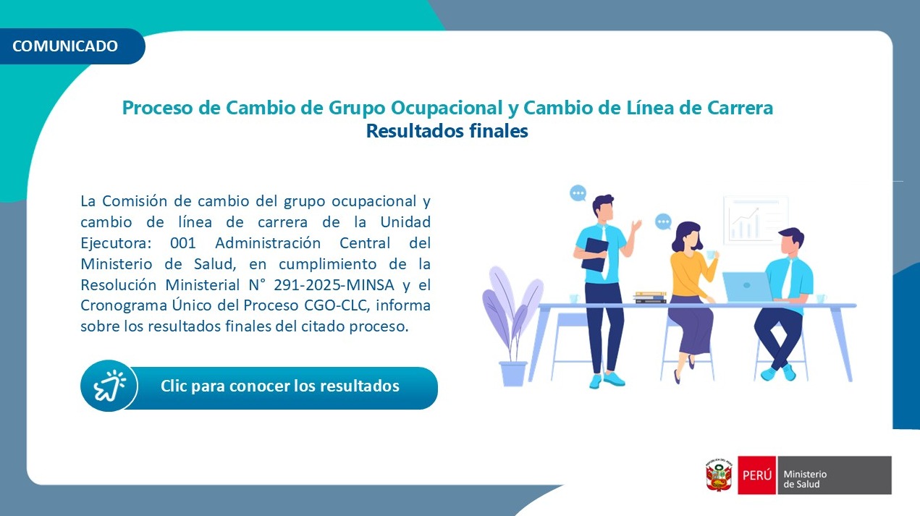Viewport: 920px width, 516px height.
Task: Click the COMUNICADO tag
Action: pos(66,46)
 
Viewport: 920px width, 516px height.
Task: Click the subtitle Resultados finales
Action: pos(447,132)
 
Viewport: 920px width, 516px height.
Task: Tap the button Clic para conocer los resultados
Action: pos(279,386)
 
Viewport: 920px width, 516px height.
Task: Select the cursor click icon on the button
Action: pos(109,386)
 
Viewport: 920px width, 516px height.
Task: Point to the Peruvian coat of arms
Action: pos(719,475)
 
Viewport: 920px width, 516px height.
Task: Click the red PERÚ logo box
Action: pos(756,475)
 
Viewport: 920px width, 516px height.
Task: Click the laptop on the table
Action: pos(748,287)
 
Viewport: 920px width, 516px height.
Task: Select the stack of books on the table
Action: pos(649,297)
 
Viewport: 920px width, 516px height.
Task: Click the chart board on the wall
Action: pos(756,219)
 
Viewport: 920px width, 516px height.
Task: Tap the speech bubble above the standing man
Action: pos(578,193)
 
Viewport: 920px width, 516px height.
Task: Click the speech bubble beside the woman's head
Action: pos(663,222)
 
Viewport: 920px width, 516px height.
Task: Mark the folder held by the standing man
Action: pos(595,255)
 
